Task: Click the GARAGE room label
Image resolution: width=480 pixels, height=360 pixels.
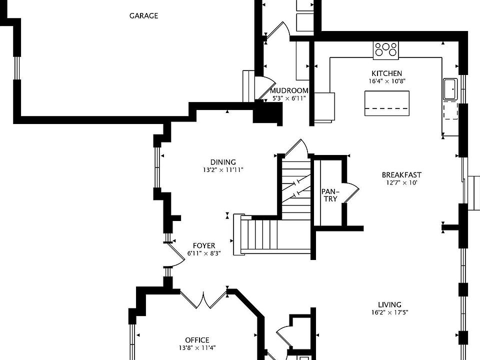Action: point(143,15)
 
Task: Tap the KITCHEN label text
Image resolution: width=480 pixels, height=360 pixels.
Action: point(386,73)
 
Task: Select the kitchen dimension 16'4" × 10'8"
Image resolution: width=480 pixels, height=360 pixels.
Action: point(386,81)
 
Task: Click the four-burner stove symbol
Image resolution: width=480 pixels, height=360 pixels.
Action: point(386,49)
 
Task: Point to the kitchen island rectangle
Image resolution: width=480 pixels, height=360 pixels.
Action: point(386,103)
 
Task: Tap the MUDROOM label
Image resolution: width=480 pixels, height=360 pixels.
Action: point(289,90)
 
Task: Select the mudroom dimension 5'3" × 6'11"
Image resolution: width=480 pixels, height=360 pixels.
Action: point(289,98)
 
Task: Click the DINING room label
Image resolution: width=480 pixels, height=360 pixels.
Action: point(223,162)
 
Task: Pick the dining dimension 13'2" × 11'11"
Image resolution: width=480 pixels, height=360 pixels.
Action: point(223,170)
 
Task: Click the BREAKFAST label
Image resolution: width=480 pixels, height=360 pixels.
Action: point(401,175)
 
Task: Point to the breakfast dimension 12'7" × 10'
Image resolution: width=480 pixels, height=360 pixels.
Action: point(401,183)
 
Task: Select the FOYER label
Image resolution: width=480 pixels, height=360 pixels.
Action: point(204,245)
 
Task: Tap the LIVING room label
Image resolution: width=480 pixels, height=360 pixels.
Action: point(389,304)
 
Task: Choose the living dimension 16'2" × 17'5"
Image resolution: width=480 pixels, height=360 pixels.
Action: point(389,313)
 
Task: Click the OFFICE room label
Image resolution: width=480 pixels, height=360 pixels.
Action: point(197,340)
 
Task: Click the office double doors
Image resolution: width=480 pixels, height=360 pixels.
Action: point(204,299)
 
